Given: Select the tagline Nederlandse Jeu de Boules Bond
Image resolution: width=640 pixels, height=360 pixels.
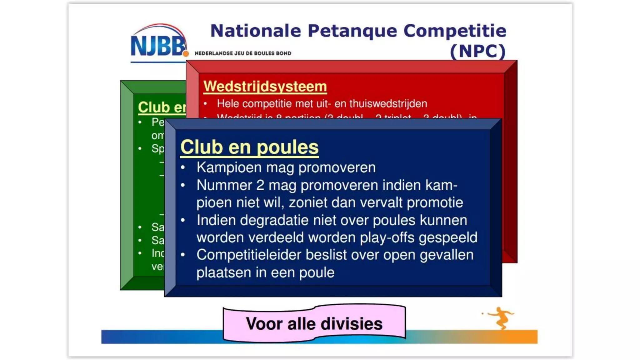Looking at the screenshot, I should pos(243,53).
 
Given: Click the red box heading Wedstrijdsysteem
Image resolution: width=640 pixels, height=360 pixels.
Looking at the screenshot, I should pos(265,86).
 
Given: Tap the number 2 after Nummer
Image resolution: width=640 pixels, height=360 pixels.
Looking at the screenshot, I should pos(260,185).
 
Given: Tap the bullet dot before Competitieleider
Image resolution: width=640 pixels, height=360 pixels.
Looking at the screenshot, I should pos(183,255).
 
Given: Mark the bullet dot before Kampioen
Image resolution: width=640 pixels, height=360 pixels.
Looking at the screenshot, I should pos(183,168).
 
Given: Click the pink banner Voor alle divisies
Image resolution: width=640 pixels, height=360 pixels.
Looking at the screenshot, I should pos(314,324).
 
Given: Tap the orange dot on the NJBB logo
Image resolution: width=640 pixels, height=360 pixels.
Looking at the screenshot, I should pos(186,54).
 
